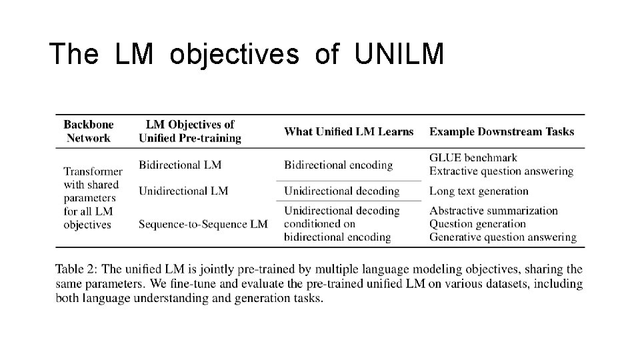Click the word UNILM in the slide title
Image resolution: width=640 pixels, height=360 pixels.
pyautogui.click(x=399, y=54)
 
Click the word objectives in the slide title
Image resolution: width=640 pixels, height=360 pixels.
pyautogui.click(x=235, y=54)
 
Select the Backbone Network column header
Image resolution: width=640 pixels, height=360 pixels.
pyautogui.click(x=89, y=131)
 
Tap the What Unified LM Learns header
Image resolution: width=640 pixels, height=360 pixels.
pyautogui.click(x=349, y=131)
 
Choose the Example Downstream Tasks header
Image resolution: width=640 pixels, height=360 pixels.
pyautogui.click(x=501, y=131)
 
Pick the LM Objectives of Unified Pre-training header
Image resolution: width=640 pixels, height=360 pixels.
pyautogui.click(x=190, y=131)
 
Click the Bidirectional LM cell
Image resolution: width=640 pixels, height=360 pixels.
pyautogui.click(x=180, y=164)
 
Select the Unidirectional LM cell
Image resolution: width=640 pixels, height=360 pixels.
pyautogui.click(x=183, y=191)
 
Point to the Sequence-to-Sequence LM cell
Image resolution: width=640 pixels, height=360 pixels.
pyautogui.click(x=203, y=224)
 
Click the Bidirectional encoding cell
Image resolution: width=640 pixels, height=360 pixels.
pyautogui.click(x=338, y=164)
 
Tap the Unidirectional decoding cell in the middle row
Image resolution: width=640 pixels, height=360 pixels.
pyautogui.click(x=341, y=191)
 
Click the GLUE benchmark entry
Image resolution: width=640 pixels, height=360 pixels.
pyautogui.click(x=473, y=158)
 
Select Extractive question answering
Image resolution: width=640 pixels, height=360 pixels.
pyautogui.click(x=501, y=171)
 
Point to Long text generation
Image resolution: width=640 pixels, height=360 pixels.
pyautogui.click(x=479, y=191)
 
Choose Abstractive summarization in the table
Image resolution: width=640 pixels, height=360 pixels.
pyautogui.click(x=493, y=211)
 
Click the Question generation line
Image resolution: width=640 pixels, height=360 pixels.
pyautogui.click(x=477, y=224)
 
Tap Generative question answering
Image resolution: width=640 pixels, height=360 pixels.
pyautogui.click(x=503, y=237)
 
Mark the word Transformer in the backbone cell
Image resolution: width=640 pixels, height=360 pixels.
pyautogui.click(x=93, y=171)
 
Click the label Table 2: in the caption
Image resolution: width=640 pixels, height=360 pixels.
pyautogui.click(x=77, y=269)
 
